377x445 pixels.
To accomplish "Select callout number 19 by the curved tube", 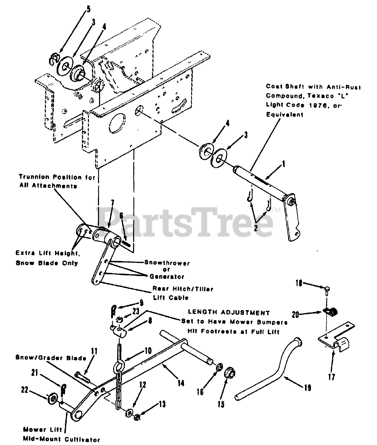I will (308, 387).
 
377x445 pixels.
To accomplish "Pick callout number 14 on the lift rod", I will (181, 383).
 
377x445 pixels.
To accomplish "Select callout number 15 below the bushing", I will (221, 404).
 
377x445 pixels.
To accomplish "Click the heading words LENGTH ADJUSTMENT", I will (228, 313).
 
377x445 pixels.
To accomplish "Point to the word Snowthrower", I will (167, 263).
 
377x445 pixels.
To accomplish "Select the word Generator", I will (167, 277).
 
